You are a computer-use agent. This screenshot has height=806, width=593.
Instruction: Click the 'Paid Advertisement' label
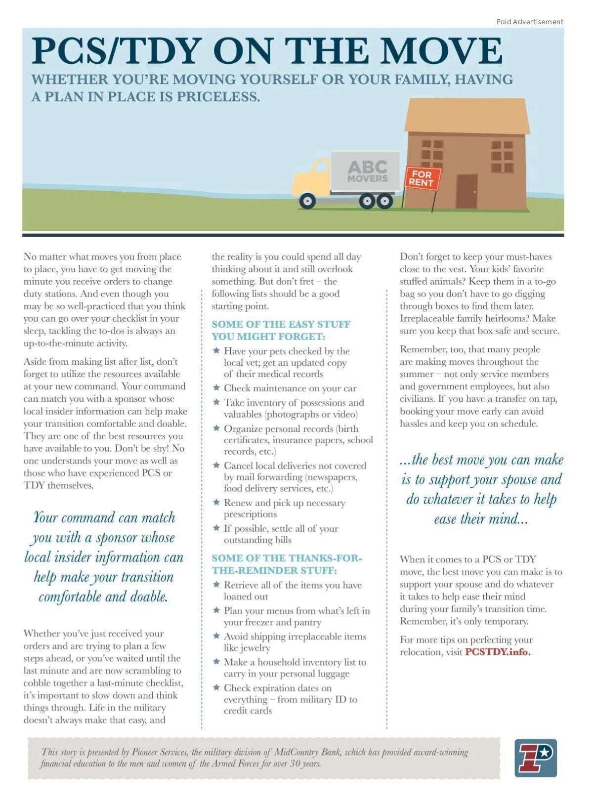(529, 22)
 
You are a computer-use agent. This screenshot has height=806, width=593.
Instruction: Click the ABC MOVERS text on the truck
(367, 171)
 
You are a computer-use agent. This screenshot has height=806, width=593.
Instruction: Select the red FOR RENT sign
(421, 178)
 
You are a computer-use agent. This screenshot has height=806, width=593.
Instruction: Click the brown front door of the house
(466, 191)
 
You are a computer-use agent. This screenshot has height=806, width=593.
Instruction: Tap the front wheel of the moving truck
(307, 201)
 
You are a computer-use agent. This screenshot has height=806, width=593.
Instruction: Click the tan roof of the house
(466, 115)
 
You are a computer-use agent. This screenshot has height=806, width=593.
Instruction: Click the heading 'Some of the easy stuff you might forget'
(281, 330)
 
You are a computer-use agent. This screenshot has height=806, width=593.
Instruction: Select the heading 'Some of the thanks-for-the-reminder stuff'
(287, 564)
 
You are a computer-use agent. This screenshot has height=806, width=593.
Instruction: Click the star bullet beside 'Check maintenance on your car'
(216, 388)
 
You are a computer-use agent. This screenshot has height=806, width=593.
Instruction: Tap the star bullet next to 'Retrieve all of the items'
(216, 585)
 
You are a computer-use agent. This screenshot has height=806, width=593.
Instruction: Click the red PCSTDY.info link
(497, 652)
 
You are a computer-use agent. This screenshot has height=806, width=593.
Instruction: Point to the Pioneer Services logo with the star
(535, 758)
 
